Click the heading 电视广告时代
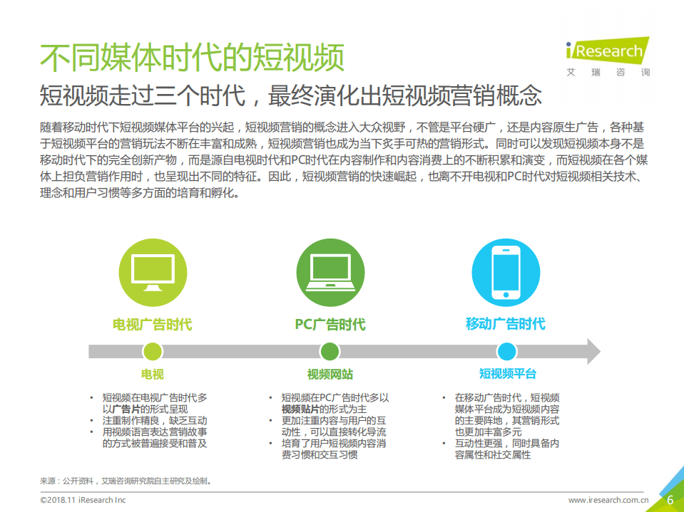click(x=152, y=325)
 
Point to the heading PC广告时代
click(x=330, y=325)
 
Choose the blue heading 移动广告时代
click(x=506, y=324)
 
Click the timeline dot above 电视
click(x=152, y=351)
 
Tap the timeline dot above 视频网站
click(x=330, y=351)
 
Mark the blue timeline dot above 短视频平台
click(x=506, y=351)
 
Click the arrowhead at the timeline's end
click(x=591, y=351)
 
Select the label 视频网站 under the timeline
click(x=330, y=375)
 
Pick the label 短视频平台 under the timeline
click(x=507, y=375)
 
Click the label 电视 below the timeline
click(x=152, y=375)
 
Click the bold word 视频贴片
click(x=300, y=409)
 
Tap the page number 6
click(x=670, y=500)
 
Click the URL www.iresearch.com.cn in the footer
click(x=608, y=501)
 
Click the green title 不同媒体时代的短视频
click(x=192, y=57)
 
